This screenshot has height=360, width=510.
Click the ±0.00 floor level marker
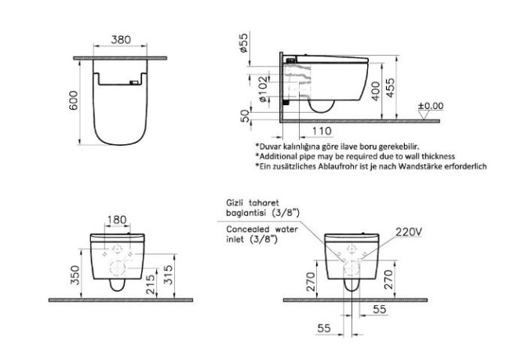click(431, 105)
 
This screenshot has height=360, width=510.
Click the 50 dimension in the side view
click(243, 116)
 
